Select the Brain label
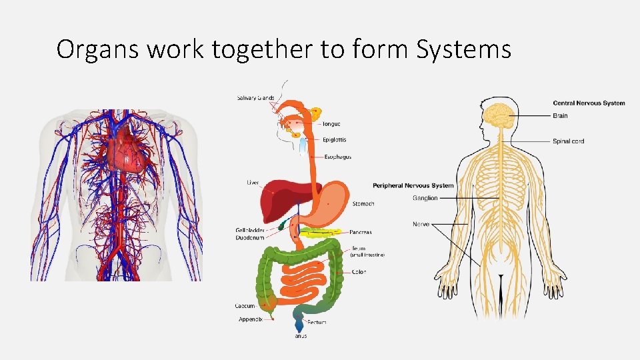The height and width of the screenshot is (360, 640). coord(560,116)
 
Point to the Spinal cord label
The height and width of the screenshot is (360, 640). coord(568,141)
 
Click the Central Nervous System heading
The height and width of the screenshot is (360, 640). coord(589,103)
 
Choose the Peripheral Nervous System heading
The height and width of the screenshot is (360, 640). coord(413,185)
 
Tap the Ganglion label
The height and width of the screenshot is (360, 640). coord(425,198)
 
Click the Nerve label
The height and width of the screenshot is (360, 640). coord(421,224)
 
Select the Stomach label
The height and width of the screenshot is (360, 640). coord(363,203)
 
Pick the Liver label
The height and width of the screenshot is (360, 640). coord(253,183)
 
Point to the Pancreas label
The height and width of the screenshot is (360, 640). coord(361,233)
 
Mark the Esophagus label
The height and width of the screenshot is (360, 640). coord(337,157)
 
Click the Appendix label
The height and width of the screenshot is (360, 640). coord(250,319)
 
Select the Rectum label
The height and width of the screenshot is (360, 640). coord(317,323)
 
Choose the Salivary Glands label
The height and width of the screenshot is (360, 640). coord(255,98)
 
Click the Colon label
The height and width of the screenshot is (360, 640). coord(359,272)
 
